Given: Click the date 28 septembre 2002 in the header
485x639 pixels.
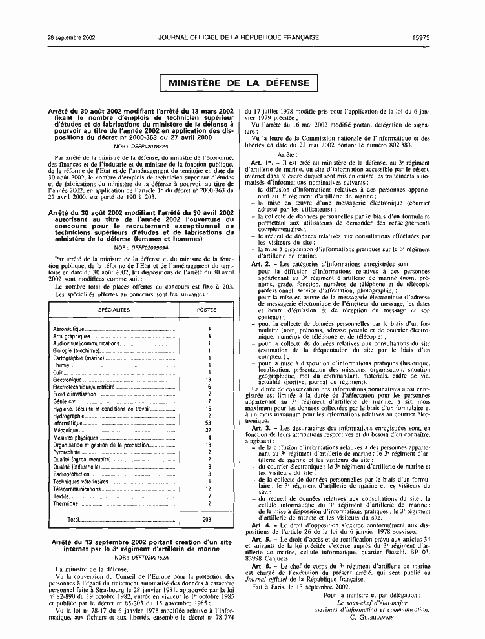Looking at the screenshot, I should point(72,37).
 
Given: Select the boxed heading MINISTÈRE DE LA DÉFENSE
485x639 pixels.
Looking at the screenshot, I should point(240,83).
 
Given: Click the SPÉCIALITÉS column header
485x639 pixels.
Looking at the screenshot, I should point(114,310).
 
